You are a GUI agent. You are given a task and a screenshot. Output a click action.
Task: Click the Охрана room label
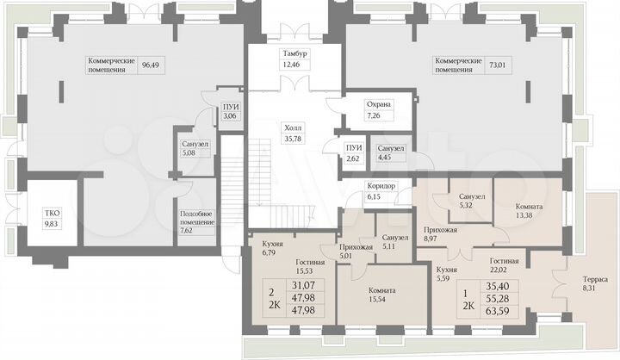[x=379, y=104]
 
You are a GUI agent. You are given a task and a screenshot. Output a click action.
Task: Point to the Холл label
[x=294, y=127]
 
